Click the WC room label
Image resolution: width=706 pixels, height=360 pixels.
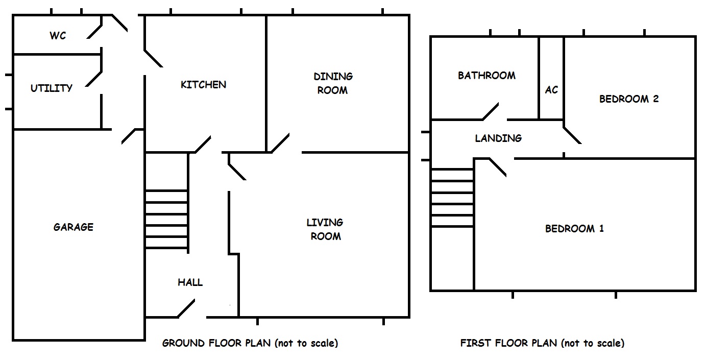click(58, 35)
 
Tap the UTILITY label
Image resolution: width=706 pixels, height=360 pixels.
click(52, 88)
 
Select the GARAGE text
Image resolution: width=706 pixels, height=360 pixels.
click(74, 227)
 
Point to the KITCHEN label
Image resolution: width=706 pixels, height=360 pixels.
click(203, 84)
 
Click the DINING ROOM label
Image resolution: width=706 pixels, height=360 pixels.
click(333, 83)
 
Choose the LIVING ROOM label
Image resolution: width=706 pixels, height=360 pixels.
click(325, 229)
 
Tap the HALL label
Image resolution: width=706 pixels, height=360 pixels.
click(190, 282)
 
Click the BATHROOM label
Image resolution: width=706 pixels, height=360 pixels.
click(486, 76)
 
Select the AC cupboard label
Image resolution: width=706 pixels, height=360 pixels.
click(551, 90)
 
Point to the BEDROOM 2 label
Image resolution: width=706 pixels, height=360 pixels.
click(629, 99)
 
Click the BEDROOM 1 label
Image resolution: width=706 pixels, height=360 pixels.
click(574, 229)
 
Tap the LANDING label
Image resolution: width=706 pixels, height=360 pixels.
click(498, 138)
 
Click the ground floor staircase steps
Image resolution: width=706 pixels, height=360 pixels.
click(166, 220)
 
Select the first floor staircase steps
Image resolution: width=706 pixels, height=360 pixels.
click(452, 198)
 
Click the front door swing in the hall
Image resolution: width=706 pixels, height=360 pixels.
click(186, 308)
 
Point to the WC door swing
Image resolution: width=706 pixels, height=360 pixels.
click(94, 31)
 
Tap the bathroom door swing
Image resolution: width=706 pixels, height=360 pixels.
click(491, 111)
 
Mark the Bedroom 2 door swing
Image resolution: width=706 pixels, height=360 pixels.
click(572, 135)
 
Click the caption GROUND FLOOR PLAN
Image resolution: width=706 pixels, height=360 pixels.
click(216, 343)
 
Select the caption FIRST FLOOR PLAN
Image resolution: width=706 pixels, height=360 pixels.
click(509, 343)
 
